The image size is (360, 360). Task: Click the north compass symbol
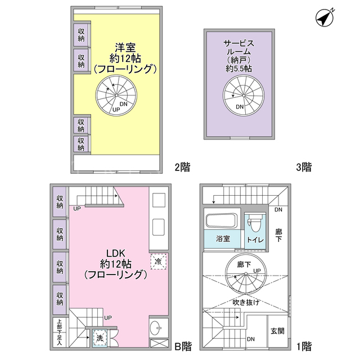325,18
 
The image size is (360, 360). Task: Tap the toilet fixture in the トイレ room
254,224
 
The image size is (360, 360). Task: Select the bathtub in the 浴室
222,220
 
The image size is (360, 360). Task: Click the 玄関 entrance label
277,331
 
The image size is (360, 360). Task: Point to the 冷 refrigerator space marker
158,261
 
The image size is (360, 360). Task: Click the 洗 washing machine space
100,338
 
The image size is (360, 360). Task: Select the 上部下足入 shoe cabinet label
60,332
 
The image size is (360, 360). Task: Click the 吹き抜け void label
246,303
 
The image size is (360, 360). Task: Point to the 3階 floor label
304,167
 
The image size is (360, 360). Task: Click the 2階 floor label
182,167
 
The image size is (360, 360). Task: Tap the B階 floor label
183,346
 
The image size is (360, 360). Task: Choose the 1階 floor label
304,346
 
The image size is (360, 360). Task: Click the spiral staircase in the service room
244,95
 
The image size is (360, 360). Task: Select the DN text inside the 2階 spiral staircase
124,104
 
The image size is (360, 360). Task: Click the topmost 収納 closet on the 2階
81,35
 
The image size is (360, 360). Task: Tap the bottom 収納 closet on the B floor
60,299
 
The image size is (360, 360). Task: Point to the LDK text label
116,253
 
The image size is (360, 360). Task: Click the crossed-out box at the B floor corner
159,343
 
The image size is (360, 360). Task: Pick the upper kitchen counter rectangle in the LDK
159,200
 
